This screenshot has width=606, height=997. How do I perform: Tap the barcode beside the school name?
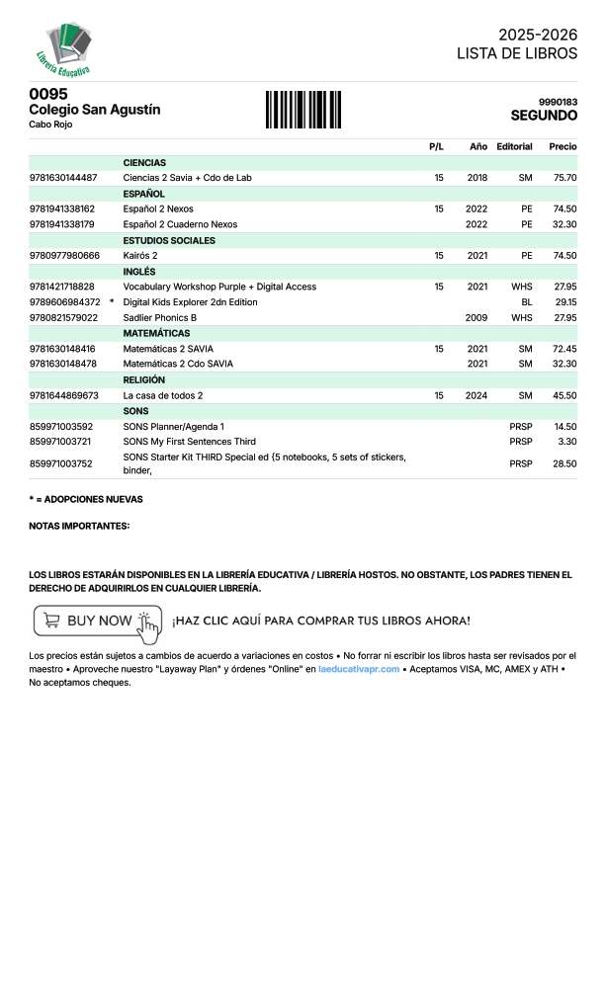[303, 109]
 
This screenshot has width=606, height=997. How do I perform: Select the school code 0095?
[48, 94]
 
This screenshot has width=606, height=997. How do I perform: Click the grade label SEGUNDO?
[544, 116]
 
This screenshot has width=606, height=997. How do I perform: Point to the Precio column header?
[563, 146]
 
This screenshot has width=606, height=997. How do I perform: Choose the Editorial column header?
[514, 146]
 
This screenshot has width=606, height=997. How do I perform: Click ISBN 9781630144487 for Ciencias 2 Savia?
[63, 178]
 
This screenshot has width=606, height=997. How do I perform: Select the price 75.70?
[564, 178]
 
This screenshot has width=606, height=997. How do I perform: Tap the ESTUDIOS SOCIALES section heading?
[169, 240]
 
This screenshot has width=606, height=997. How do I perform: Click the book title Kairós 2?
[140, 256]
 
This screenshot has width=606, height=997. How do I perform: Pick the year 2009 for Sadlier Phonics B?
[476, 318]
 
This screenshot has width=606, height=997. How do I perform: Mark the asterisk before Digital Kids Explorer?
[112, 301]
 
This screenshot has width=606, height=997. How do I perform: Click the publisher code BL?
[526, 302]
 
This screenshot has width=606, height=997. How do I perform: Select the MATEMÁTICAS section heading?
[156, 334]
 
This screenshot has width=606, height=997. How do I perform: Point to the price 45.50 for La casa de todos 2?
[564, 396]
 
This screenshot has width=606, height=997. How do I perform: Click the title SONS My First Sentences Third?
[189, 442]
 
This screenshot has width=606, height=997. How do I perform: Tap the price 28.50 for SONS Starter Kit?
[564, 463]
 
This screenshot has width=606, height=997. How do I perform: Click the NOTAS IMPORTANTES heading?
[79, 526]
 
